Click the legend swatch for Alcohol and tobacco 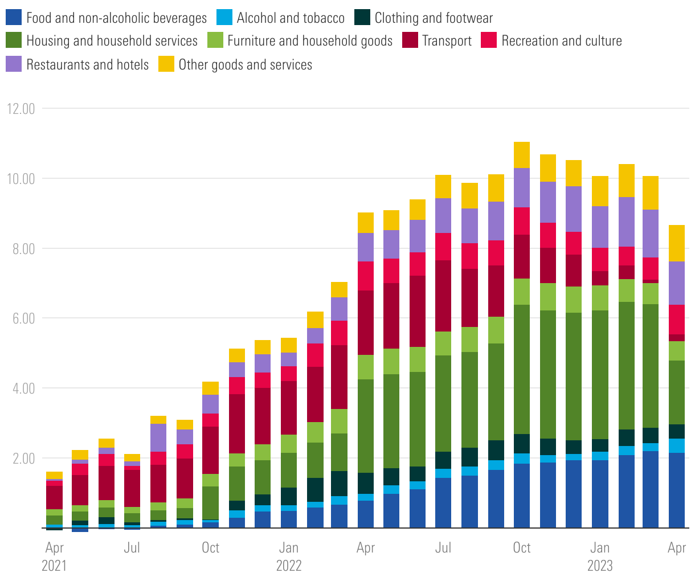(224, 18)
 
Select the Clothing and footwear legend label (434, 18)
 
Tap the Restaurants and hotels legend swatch (14, 64)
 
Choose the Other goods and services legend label (245, 64)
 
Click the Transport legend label (447, 41)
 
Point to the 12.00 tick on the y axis (19, 108)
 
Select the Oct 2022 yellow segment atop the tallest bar (522, 155)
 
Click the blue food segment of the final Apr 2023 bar (677, 490)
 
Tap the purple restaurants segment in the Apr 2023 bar (677, 283)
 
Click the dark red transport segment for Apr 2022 (366, 322)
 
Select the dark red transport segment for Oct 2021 (210, 450)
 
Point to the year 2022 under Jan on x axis (288, 566)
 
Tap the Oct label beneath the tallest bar (521, 548)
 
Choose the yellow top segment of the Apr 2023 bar (677, 243)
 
